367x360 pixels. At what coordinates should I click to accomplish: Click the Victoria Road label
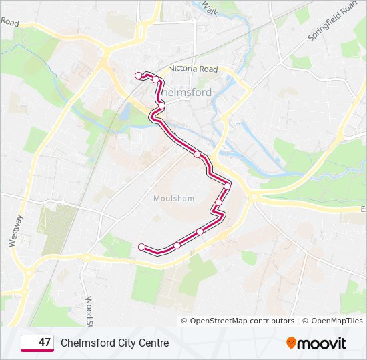(x=194, y=69)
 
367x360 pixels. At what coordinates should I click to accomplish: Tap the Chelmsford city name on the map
(x=188, y=92)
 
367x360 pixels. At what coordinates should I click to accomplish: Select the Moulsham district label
(x=173, y=198)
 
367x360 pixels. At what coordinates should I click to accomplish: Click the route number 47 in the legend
(x=45, y=343)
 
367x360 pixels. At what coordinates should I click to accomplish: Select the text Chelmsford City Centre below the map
(x=115, y=343)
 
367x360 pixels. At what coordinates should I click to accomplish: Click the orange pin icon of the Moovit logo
(x=292, y=343)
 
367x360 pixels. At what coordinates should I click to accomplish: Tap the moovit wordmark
(x=322, y=343)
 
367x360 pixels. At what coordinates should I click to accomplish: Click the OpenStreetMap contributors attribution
(x=237, y=321)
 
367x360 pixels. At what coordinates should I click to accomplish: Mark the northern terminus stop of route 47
(x=139, y=75)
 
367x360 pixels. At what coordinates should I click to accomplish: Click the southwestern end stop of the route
(x=141, y=247)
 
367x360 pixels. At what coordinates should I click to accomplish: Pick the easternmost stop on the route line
(x=227, y=186)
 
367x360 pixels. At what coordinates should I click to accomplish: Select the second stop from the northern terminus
(x=156, y=79)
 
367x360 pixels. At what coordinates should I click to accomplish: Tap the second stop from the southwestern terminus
(x=177, y=245)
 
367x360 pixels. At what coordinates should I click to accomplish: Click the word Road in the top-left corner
(x=9, y=21)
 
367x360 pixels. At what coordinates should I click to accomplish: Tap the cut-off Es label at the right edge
(x=363, y=209)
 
